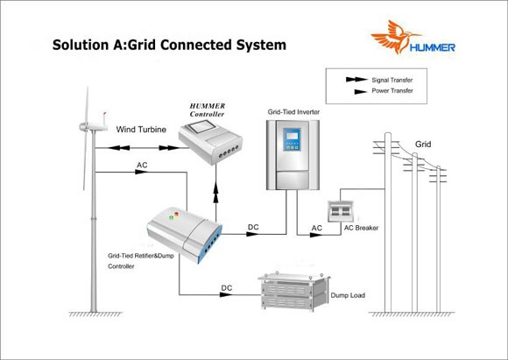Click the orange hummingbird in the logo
click(x=393, y=36)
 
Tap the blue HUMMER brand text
click(x=432, y=47)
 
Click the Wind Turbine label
click(x=141, y=130)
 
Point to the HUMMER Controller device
click(x=210, y=141)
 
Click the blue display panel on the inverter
click(x=292, y=139)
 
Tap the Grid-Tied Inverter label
click(x=293, y=112)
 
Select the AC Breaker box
click(x=340, y=211)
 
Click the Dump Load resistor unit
click(x=293, y=292)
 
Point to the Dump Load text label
click(x=348, y=295)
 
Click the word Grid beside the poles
click(x=423, y=145)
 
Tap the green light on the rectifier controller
click(x=171, y=217)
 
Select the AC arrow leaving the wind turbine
click(x=142, y=172)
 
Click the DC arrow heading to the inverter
click(x=253, y=234)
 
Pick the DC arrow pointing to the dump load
click(x=226, y=294)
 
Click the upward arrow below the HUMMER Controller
click(x=215, y=195)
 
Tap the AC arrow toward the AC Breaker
click(x=316, y=235)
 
